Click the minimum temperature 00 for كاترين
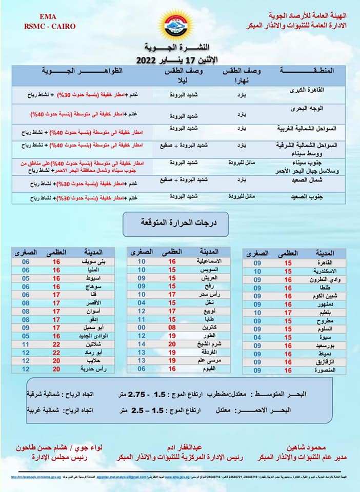pyautogui.click(x=141, y=327)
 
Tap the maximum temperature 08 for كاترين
pyautogui.click(x=172, y=327)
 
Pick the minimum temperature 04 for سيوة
pyautogui.click(x=257, y=337)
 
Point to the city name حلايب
pyautogui.click(x=95, y=360)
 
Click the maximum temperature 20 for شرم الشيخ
pyautogui.click(x=172, y=343)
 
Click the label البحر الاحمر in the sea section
pyautogui.click(x=290, y=410)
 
